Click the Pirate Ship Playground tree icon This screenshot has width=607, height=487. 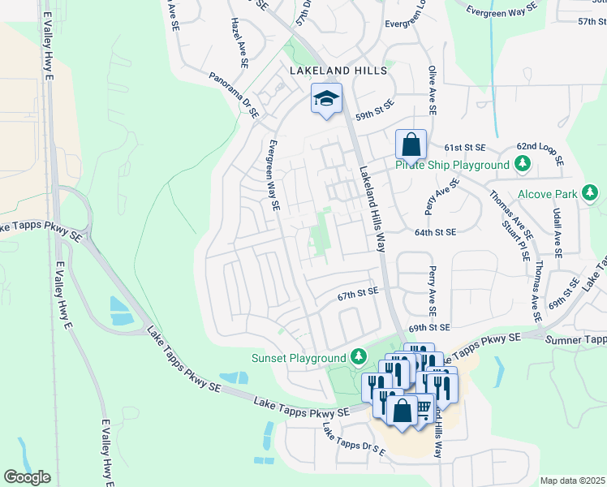523,165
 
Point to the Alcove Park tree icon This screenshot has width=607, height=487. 592,193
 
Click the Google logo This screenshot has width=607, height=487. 27,477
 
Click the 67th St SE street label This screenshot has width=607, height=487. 359,291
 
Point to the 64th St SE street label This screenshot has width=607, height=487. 435,232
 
